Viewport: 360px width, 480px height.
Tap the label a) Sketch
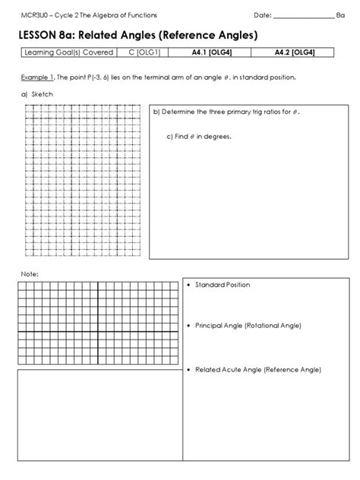point(32,94)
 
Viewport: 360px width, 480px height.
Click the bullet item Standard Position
point(222,285)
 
